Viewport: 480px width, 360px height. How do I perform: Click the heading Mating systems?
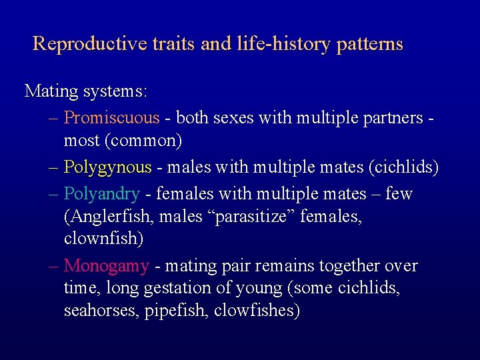[x=86, y=91]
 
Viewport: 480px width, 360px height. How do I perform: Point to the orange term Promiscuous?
[x=111, y=118]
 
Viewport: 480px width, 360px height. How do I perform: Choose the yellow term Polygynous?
[x=107, y=167]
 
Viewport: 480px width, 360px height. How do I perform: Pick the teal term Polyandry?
[x=101, y=194]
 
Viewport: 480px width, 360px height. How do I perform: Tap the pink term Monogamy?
[x=106, y=266]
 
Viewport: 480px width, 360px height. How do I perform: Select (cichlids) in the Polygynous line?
[x=403, y=167]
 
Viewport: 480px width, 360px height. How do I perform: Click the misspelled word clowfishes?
[x=257, y=311]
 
